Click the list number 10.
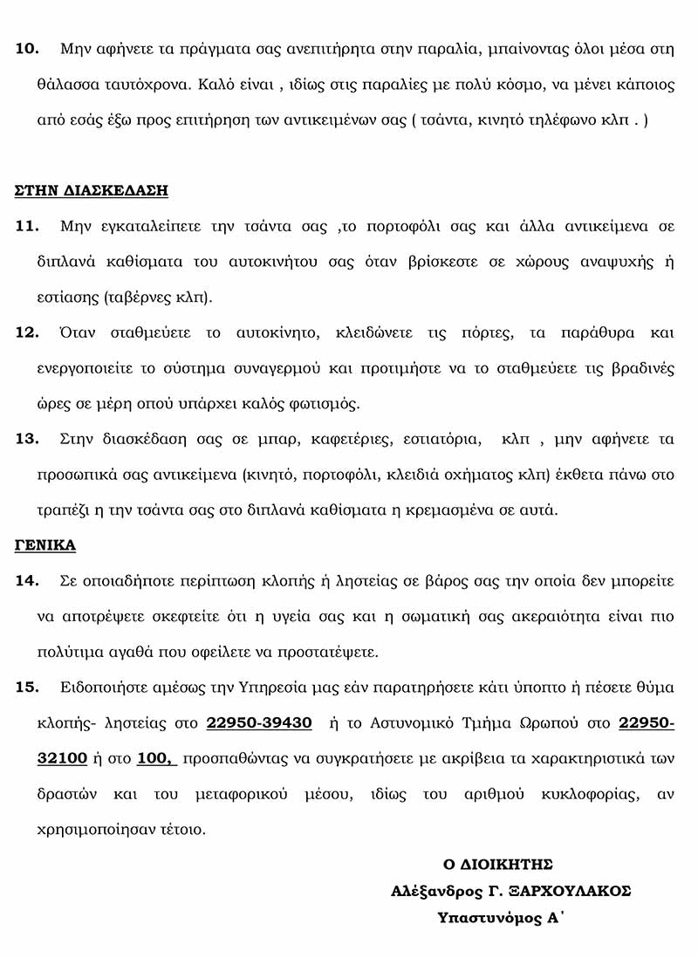28,49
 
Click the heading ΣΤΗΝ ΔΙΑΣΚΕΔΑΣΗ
92,190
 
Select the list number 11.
28,227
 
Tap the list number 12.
28,332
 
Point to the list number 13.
28,439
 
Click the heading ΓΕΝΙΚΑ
45,545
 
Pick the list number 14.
28,580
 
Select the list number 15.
28,688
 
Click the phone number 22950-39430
259,723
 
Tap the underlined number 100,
157,758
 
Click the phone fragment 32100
62,758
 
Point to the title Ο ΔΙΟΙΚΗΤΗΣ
498,865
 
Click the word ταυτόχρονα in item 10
148,86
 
